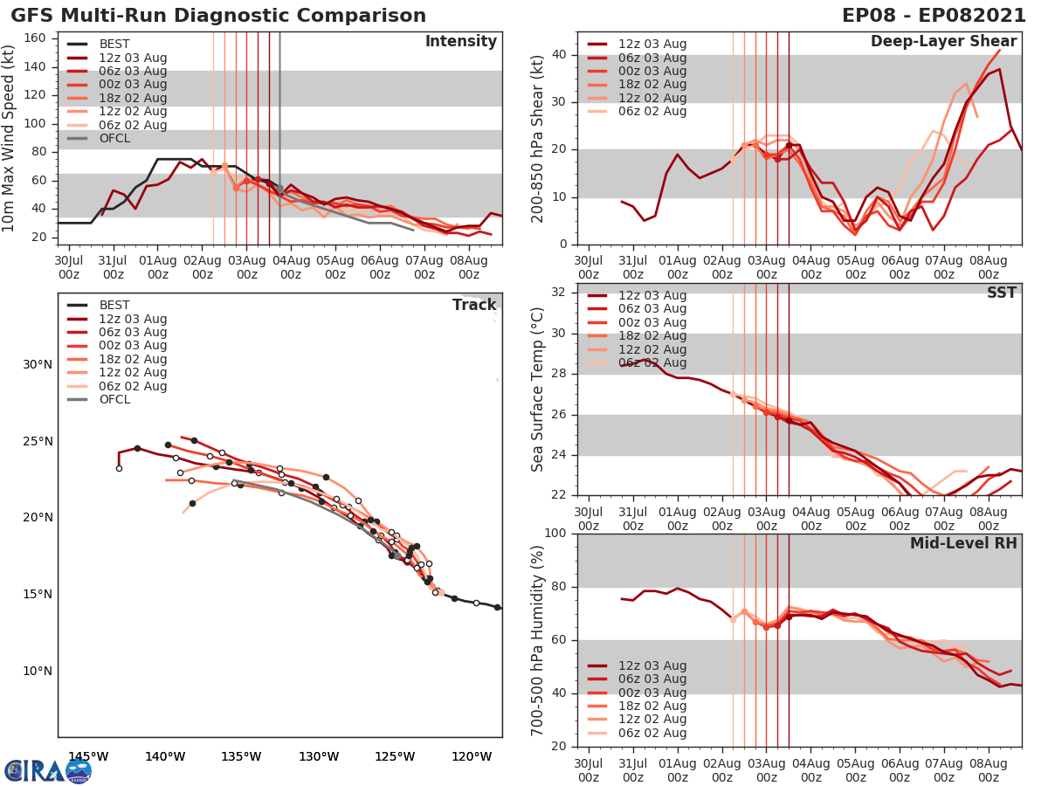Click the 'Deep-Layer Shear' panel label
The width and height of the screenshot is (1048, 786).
[943, 42]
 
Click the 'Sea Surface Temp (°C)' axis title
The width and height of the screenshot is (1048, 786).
[538, 390]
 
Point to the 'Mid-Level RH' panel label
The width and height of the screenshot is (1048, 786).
[963, 544]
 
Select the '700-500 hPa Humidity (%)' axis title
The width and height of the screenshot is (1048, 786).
[538, 640]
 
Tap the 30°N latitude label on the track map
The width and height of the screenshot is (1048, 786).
[38, 364]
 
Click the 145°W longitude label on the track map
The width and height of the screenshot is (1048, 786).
[87, 756]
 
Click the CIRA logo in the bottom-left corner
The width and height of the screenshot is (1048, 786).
[48, 769]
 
